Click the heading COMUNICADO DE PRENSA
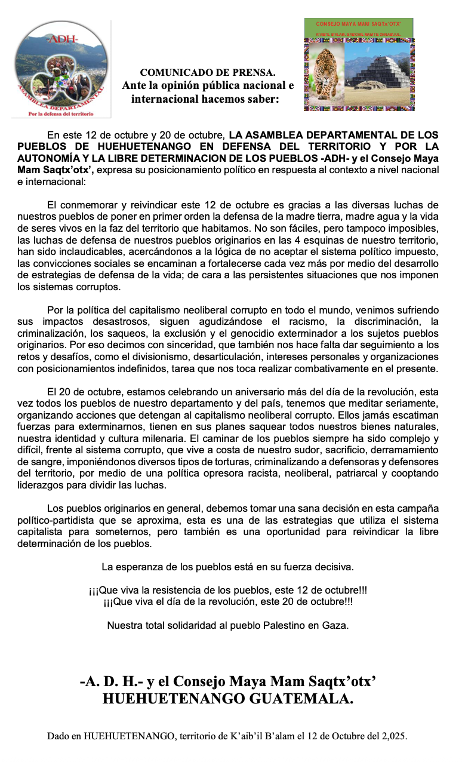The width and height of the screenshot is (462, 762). coord(208,72)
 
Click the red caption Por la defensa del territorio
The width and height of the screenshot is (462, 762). coord(61,113)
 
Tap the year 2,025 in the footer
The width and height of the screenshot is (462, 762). coord(393,736)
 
